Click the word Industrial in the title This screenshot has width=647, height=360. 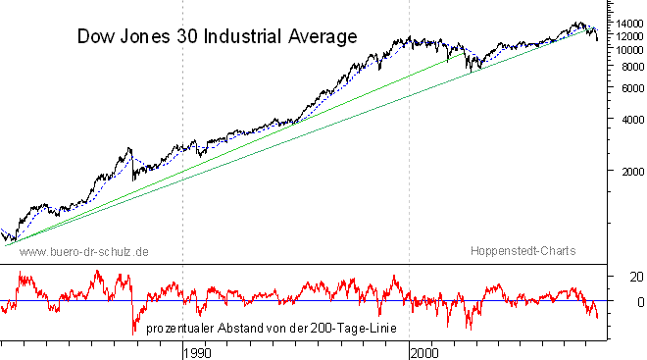click(x=243, y=36)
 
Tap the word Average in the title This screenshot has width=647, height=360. click(x=323, y=36)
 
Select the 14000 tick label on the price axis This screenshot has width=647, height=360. click(x=629, y=24)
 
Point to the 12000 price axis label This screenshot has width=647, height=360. click(x=629, y=36)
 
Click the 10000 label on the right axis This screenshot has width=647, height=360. click(x=629, y=50)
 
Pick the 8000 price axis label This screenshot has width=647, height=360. click(x=633, y=67)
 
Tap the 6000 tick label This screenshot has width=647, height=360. click(x=633, y=88)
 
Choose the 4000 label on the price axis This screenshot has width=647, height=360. click(x=633, y=120)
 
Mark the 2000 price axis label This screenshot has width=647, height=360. click(x=633, y=172)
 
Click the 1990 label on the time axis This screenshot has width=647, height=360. click(x=197, y=353)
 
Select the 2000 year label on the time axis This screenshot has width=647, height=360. click(x=424, y=353)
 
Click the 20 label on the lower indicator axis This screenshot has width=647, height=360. click(x=636, y=277)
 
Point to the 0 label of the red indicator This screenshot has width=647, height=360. click(x=640, y=302)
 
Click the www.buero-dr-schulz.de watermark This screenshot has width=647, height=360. click(x=83, y=252)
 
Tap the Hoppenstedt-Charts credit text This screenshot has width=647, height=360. click(x=523, y=250)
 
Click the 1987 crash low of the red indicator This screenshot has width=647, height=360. click(x=133, y=334)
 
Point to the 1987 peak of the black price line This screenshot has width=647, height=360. click(x=129, y=148)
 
